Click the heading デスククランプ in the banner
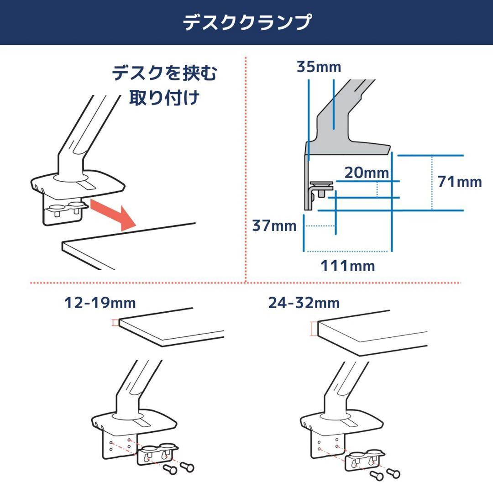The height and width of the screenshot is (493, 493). click(x=247, y=22)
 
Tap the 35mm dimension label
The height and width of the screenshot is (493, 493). click(x=319, y=67)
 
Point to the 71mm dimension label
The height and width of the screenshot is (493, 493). click(x=459, y=182)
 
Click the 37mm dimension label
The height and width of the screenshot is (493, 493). click(x=274, y=226)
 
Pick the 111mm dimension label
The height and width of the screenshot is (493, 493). click(x=348, y=266)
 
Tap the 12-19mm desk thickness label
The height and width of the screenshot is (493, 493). click(x=100, y=303)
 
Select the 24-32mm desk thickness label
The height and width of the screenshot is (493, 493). click(x=304, y=303)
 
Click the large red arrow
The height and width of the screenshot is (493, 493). click(x=113, y=215)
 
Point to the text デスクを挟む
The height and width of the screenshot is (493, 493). click(x=164, y=73)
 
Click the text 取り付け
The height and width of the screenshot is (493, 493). click(x=164, y=98)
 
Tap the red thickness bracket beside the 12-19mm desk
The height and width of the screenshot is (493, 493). click(x=115, y=323)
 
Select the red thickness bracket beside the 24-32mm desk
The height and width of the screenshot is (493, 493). click(x=313, y=329)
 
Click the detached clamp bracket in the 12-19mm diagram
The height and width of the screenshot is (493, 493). click(x=157, y=454)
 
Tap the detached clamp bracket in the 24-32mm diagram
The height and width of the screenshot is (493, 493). click(x=364, y=460)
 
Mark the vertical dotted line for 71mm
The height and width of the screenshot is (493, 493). click(x=432, y=183)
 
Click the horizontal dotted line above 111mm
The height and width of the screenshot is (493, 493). click(x=347, y=251)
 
